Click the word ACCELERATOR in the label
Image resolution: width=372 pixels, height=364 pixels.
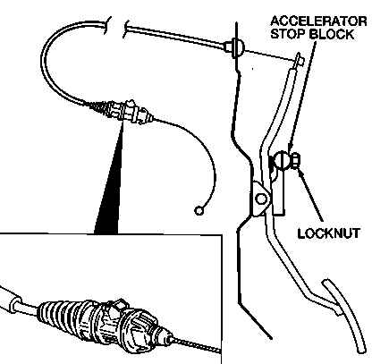pos(318,21)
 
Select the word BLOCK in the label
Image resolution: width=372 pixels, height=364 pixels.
pos(332,34)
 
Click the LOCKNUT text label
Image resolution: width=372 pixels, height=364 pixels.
pos(329,233)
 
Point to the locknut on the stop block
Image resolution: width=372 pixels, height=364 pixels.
pos(296,160)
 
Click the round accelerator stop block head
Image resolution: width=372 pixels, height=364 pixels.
pos(282,161)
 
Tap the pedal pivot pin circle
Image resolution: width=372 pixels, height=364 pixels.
pos(262,199)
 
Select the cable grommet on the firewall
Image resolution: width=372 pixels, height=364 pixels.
pos(236,47)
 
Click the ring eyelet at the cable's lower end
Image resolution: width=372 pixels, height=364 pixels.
pos(199,210)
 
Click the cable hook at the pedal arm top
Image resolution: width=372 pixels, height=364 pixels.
pos(299,60)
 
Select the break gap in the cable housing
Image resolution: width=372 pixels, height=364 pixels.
pos(117,28)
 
